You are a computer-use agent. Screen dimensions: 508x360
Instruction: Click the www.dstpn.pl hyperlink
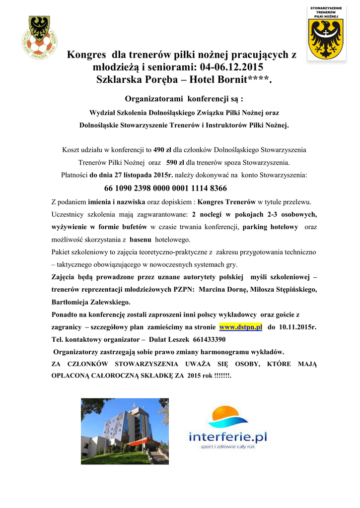click(240, 328)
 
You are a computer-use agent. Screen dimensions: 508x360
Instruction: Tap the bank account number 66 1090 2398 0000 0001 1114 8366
click(165, 189)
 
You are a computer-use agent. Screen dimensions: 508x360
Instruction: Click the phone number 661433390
click(209, 340)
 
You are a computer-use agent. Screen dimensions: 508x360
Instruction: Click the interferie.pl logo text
click(228, 437)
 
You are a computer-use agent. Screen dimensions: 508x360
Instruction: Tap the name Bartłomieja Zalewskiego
click(91, 302)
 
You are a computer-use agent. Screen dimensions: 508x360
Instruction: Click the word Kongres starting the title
click(86, 55)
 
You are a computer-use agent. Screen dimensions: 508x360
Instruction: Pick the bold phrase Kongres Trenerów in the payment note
click(226, 202)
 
